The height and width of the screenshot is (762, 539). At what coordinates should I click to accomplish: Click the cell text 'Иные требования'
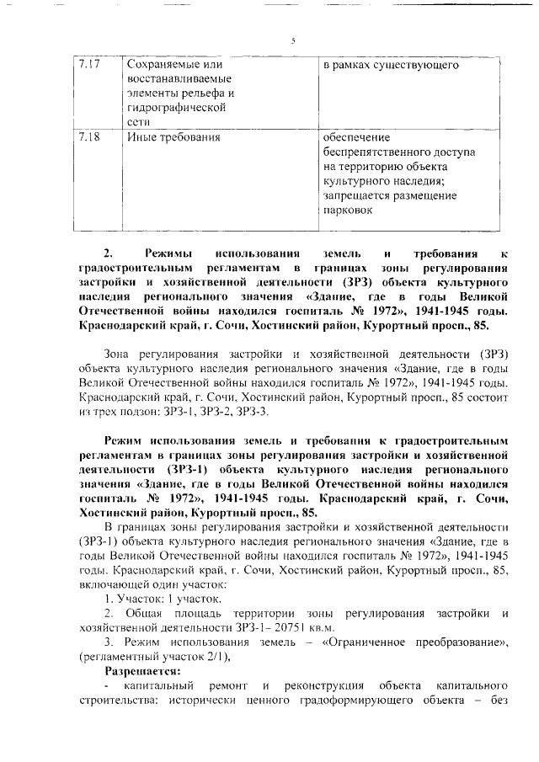(168, 136)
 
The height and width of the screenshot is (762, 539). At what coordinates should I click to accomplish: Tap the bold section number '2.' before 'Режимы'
(108, 253)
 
